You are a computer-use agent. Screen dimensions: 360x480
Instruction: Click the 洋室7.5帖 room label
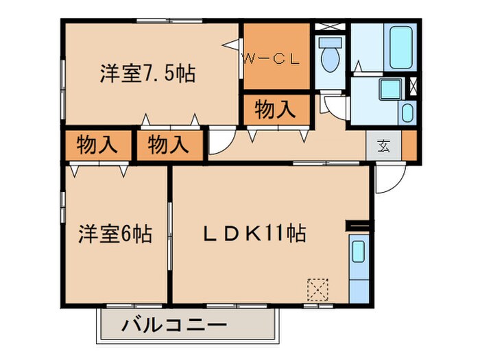[x=147, y=73]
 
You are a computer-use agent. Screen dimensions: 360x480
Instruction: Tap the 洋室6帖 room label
[x=115, y=235]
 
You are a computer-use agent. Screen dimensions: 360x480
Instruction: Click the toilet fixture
[x=330, y=55]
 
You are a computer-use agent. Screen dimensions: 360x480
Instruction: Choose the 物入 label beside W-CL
[x=275, y=109]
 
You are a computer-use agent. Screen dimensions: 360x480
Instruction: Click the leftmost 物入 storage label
[x=97, y=145]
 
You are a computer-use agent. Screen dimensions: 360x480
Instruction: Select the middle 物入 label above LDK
[x=168, y=145]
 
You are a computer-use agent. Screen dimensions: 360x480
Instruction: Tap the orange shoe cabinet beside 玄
[x=409, y=145]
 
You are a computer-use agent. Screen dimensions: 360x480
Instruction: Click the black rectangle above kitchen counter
[x=358, y=226]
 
